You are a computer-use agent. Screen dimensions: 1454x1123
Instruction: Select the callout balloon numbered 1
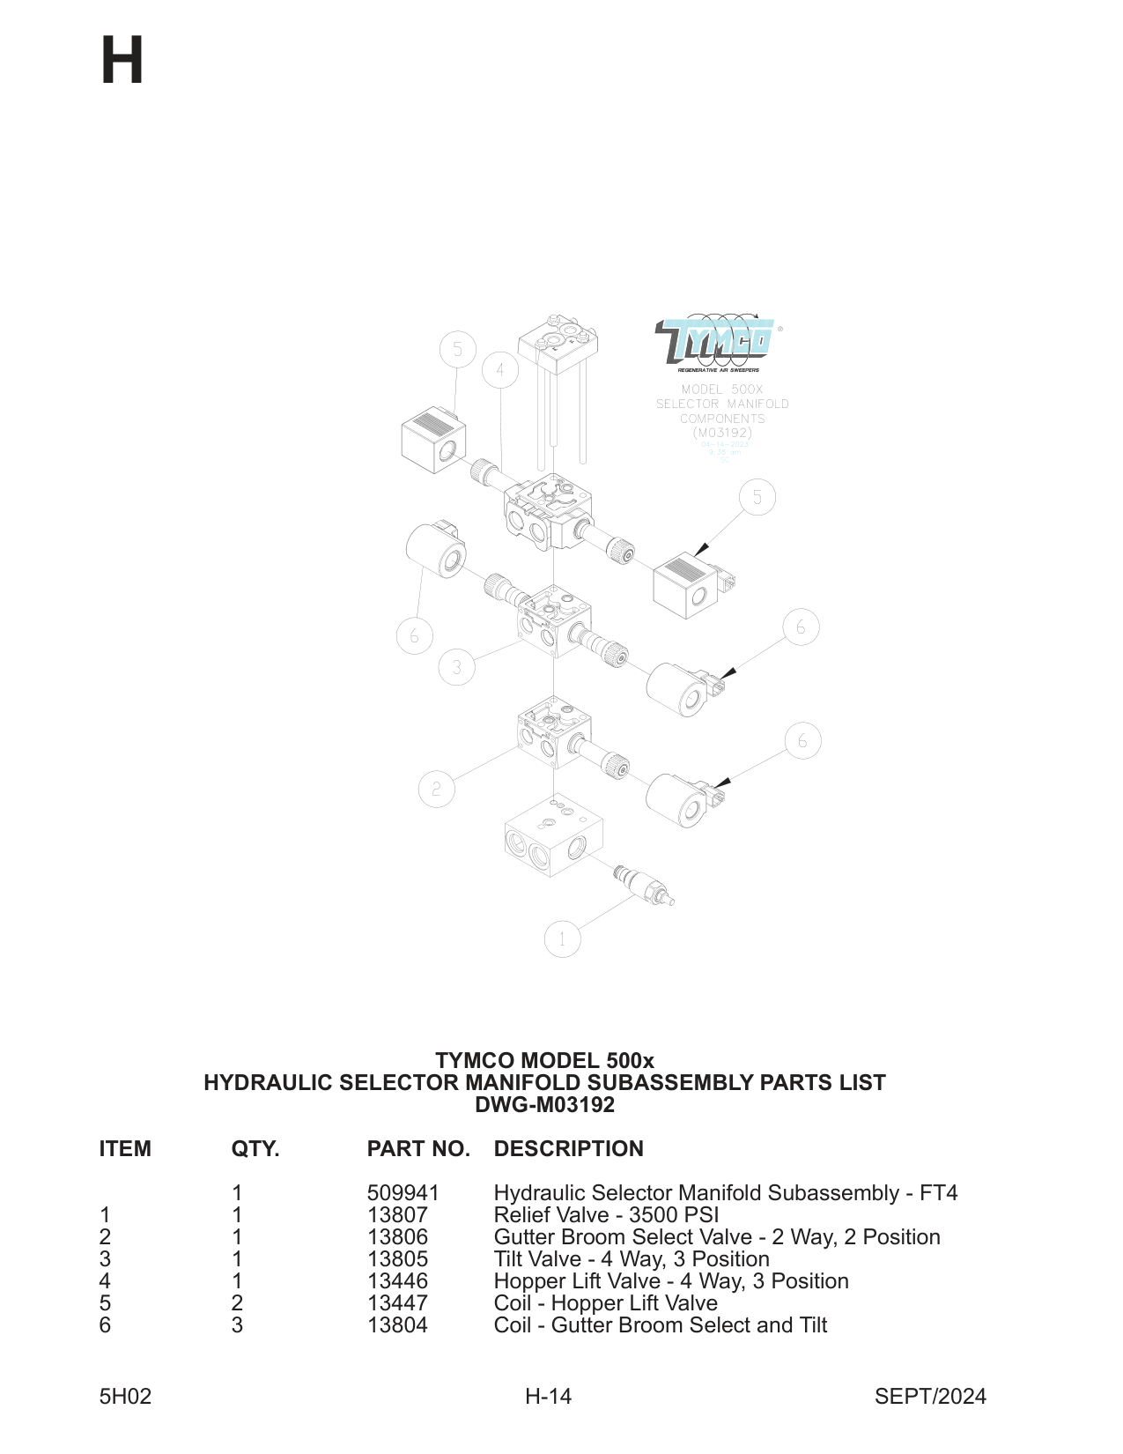pyautogui.click(x=563, y=939)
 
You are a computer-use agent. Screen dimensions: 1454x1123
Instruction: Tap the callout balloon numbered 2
pyautogui.click(x=436, y=789)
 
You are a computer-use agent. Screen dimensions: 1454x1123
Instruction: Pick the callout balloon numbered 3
pyautogui.click(x=456, y=667)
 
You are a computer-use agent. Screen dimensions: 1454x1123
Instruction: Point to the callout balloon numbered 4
pyautogui.click(x=500, y=370)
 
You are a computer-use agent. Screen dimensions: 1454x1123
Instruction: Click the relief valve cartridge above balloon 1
pyautogui.click(x=646, y=885)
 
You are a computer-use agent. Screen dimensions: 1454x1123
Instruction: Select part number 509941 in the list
pyautogui.click(x=403, y=1193)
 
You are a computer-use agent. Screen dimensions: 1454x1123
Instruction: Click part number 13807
pyautogui.click(x=397, y=1215)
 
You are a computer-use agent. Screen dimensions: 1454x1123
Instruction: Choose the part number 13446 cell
pyautogui.click(x=397, y=1281)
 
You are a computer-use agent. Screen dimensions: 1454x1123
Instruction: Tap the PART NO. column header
pyautogui.click(x=418, y=1149)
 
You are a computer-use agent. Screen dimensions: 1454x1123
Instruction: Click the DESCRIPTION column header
pyautogui.click(x=568, y=1149)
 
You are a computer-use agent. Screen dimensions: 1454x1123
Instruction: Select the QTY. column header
pyautogui.click(x=255, y=1149)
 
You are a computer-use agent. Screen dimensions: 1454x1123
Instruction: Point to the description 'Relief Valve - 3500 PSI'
pyautogui.click(x=606, y=1215)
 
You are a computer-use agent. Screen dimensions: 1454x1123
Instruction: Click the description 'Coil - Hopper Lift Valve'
pyautogui.click(x=605, y=1303)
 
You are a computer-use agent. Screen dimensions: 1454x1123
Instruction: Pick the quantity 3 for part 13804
pyautogui.click(x=237, y=1325)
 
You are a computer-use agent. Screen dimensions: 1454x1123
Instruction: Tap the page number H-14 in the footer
pyautogui.click(x=548, y=1397)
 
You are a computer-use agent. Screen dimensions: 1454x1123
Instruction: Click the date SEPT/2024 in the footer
pyautogui.click(x=930, y=1397)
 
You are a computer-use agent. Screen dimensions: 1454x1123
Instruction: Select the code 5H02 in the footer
pyautogui.click(x=125, y=1397)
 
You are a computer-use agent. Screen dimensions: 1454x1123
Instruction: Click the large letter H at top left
pyautogui.click(x=122, y=61)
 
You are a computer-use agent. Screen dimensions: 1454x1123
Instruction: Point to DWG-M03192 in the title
pyautogui.click(x=544, y=1105)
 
